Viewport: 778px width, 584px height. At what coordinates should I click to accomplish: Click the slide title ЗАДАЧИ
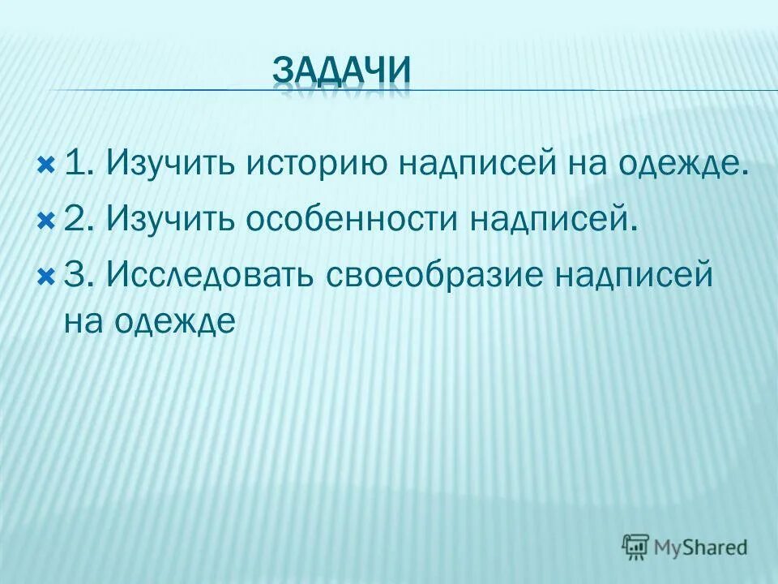pyautogui.click(x=341, y=71)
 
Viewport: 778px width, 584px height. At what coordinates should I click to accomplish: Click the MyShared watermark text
pyautogui.click(x=702, y=547)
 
